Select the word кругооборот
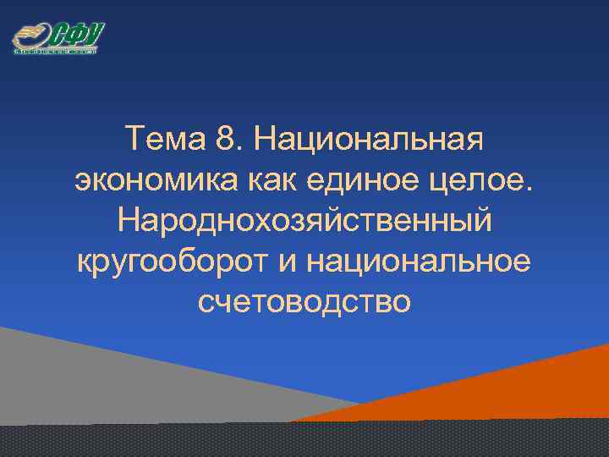pyautogui.click(x=172, y=261)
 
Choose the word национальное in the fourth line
pyautogui.click(x=420, y=261)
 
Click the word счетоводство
pyautogui.click(x=304, y=302)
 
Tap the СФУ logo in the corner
pyautogui.click(x=57, y=38)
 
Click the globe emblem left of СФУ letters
pyautogui.click(x=28, y=37)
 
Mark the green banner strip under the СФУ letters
pyautogui.click(x=57, y=51)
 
